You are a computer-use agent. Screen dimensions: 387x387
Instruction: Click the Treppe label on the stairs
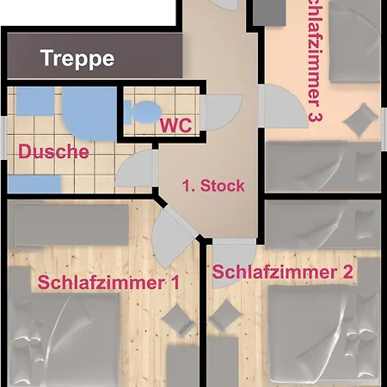pos(77,58)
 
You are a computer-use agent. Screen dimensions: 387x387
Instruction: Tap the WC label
pos(175,125)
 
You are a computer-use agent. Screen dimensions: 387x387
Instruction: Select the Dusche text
pos(53,152)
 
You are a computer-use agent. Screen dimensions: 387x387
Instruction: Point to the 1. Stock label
pos(213,185)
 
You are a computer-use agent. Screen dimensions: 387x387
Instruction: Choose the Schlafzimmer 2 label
pos(282,273)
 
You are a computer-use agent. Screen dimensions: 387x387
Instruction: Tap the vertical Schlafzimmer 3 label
pos(313,60)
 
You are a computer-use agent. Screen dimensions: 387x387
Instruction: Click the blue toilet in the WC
pos(144,110)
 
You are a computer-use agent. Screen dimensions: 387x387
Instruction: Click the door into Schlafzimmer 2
pos(229,258)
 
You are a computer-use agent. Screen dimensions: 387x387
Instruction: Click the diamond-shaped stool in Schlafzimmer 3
pos(364,116)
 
